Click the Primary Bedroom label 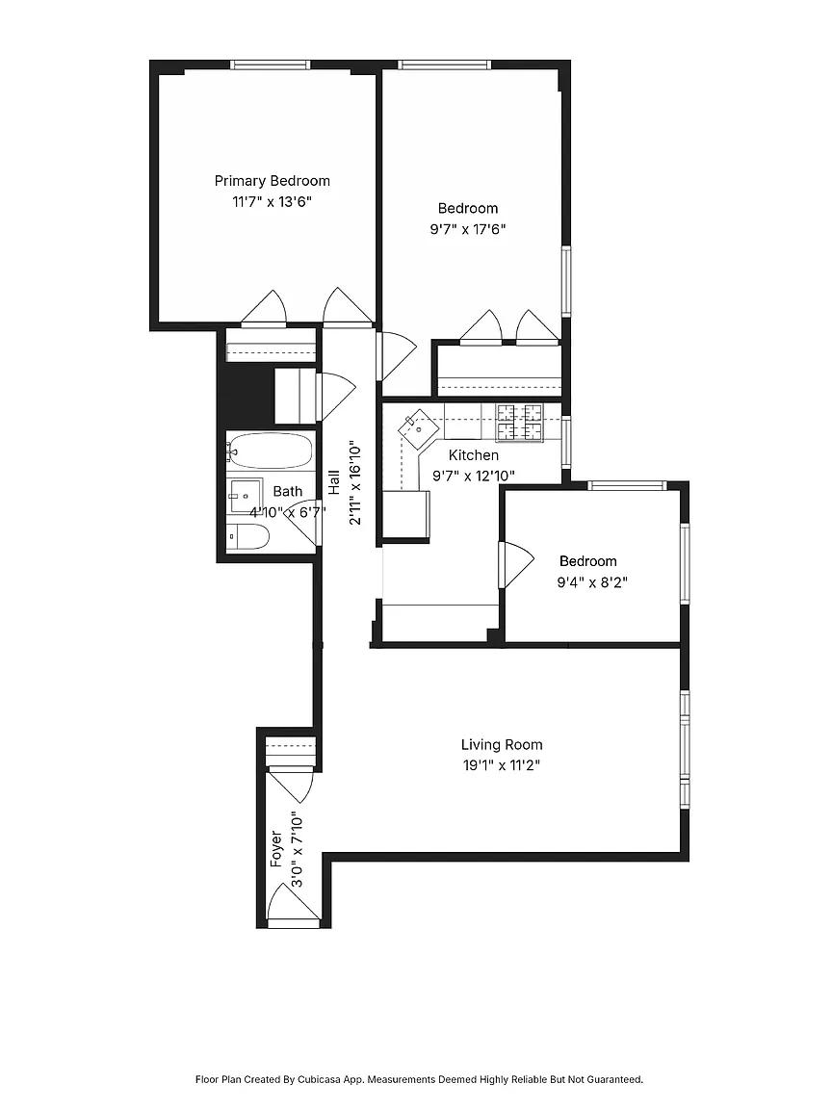pyautogui.click(x=273, y=181)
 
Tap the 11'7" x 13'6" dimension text pyautogui.click(x=273, y=201)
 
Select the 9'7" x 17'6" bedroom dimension pyautogui.click(x=468, y=229)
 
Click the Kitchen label pyautogui.click(x=474, y=455)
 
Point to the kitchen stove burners pyautogui.click(x=519, y=423)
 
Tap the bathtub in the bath pyautogui.click(x=271, y=451)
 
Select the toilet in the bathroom pyautogui.click(x=248, y=537)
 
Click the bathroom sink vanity pyautogui.click(x=245, y=495)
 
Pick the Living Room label pyautogui.click(x=502, y=745)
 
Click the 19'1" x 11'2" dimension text pyautogui.click(x=502, y=765)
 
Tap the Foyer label pyautogui.click(x=276, y=849)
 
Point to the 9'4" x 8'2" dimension pyautogui.click(x=593, y=582)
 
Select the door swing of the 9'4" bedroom pyautogui.click(x=516, y=564)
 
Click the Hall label pyautogui.click(x=334, y=484)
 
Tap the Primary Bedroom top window pyautogui.click(x=271, y=65)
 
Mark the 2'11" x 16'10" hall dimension pyautogui.click(x=355, y=484)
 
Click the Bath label pyautogui.click(x=288, y=492)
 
